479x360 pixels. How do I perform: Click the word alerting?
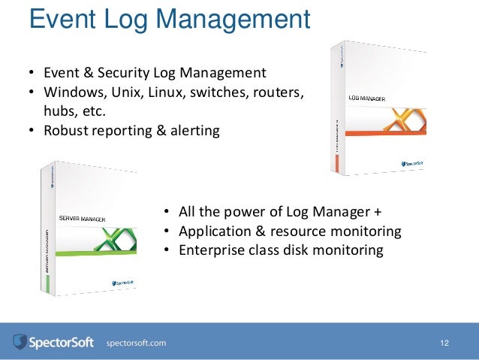[193, 130]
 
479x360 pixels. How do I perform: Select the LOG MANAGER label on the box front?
[368, 98]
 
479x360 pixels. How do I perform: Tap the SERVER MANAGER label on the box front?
[82, 219]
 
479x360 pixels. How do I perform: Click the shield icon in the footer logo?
[20, 343]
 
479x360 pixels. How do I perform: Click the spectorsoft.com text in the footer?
[137, 343]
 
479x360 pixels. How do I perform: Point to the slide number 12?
[444, 343]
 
